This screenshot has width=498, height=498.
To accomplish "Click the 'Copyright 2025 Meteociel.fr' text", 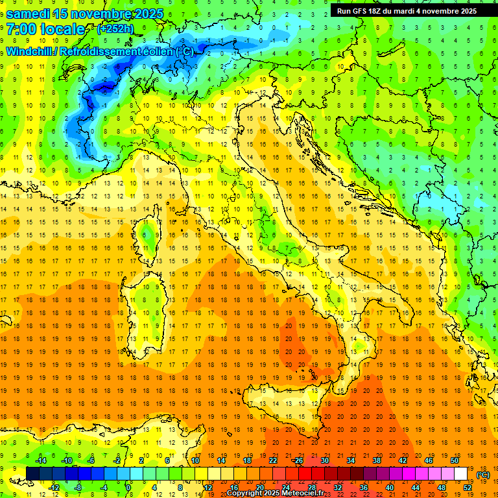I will click(x=275, y=493).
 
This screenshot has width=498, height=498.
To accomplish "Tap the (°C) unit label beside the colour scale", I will click(x=482, y=475).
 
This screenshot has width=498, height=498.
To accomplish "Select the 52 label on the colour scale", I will click(x=468, y=487).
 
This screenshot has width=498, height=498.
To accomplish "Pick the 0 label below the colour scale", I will click(x=128, y=487).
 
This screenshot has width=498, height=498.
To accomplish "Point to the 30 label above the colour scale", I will click(x=325, y=460).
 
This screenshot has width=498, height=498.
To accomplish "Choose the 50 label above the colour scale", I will click(x=455, y=460).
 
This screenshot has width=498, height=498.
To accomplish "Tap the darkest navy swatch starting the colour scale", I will click(x=32, y=473).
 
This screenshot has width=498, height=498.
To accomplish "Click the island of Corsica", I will click(x=148, y=237).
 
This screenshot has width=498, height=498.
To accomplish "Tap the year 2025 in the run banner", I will click(x=466, y=11).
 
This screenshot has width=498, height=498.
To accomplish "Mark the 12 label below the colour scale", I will click(x=207, y=487).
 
